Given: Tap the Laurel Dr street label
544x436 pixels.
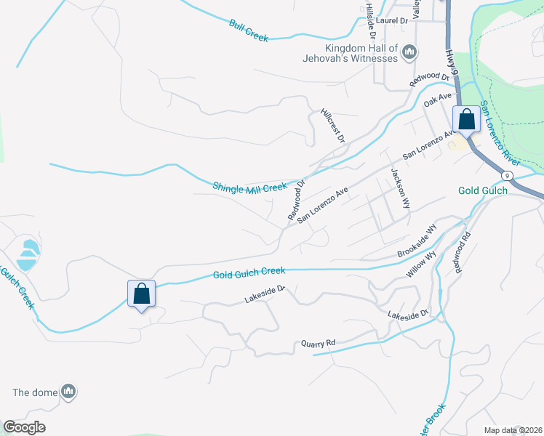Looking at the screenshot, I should coord(393,21).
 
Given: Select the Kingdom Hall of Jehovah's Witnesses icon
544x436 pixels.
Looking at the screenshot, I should coord(409,52).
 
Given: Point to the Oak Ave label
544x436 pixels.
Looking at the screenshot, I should coord(439,97).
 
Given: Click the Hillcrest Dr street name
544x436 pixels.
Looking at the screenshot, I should coord(332,124).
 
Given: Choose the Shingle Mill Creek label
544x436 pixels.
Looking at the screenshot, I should coord(250,187).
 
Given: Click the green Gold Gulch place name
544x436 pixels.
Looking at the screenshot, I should coord(483,191).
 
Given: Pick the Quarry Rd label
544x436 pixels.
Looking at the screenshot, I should coord(319,343).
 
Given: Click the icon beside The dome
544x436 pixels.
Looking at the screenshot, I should coord(68,392).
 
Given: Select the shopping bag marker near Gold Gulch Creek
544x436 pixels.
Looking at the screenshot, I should coord(142,294).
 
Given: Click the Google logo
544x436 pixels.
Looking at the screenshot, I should coord(24,427).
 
